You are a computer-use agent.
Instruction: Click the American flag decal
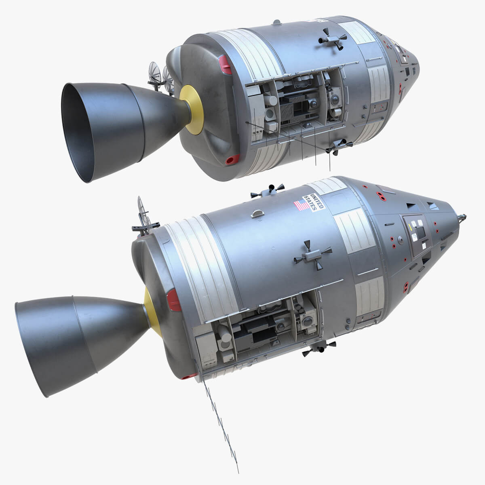(302, 205)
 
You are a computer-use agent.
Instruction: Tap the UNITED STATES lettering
(314, 201)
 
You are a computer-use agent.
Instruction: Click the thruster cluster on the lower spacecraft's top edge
(267, 190)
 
